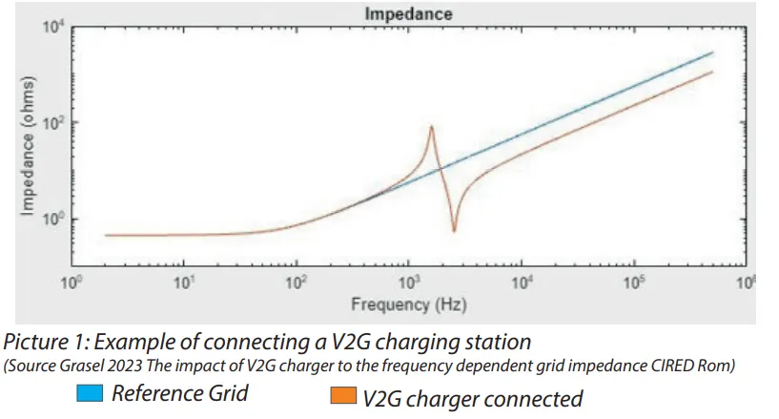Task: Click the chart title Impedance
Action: [407, 14]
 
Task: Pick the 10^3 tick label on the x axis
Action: [409, 283]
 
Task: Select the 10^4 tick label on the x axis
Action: [522, 283]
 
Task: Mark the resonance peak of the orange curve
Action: [432, 126]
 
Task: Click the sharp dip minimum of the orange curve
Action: [454, 231]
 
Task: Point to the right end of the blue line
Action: [712, 53]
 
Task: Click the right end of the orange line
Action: [712, 73]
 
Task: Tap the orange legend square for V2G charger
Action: [340, 394]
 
